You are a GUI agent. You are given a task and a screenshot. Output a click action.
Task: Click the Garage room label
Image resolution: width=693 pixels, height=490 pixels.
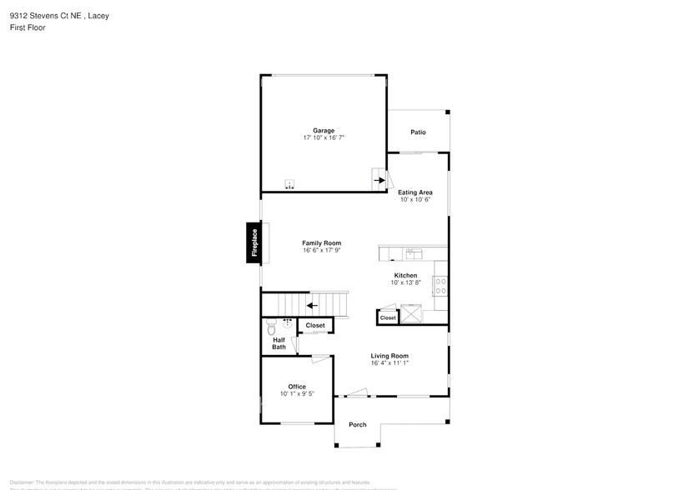coord(324,131)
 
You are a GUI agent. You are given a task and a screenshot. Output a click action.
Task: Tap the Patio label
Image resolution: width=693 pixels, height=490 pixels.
coord(418,132)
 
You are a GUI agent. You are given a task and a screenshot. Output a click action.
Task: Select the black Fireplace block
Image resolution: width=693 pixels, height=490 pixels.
coord(254,243)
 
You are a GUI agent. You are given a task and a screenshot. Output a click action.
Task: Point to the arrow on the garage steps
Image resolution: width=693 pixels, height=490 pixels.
coord(379,179)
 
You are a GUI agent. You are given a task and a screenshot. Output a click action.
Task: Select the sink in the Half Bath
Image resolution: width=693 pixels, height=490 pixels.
coord(287,322)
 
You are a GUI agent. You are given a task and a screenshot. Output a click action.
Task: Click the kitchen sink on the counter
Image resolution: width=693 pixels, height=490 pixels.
coord(413,252)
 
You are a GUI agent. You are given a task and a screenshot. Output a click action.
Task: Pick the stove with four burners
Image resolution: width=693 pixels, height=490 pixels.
coord(440,286)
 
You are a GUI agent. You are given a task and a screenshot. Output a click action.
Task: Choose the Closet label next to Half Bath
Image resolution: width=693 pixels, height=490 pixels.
coord(315,325)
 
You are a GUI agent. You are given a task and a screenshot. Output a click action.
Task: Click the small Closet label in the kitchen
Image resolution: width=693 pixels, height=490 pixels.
coord(388,318)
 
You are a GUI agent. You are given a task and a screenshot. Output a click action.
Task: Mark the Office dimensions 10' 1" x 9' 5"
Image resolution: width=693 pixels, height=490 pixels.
coord(297,394)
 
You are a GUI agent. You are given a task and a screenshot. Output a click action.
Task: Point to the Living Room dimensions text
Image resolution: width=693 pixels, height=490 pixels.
coord(389,363)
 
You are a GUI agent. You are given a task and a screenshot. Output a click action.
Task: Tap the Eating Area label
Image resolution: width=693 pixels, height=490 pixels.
coord(414,192)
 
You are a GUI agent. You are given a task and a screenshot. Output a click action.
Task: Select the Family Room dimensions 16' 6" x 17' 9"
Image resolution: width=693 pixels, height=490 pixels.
coord(321,251)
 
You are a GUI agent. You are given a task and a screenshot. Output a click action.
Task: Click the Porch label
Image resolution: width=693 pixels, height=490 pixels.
coord(357,425)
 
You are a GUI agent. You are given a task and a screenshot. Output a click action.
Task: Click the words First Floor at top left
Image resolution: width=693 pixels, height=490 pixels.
coord(28,27)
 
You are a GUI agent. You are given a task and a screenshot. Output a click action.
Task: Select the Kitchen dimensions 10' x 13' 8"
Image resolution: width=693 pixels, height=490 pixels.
coord(406,283)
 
